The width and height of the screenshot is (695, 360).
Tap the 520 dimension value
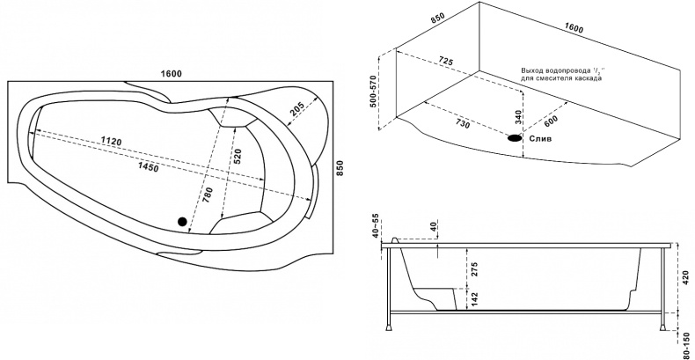coord(238,157)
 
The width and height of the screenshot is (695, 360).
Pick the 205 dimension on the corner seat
coord(296,108)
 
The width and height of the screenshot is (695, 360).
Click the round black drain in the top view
coord(182,221)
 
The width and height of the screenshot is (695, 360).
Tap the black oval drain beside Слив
coord(515,138)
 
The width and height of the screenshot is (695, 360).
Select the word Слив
coord(541,139)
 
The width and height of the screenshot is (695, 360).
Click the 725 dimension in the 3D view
coord(446,62)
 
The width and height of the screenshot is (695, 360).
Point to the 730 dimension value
coord(462,124)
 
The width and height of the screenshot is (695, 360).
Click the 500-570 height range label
coord(373,92)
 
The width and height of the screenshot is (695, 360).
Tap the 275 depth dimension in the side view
coord(475,268)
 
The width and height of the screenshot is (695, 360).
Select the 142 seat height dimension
coord(475,299)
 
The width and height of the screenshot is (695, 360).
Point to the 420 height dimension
coord(686,277)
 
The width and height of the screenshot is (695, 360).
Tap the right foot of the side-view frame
coord(662,328)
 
